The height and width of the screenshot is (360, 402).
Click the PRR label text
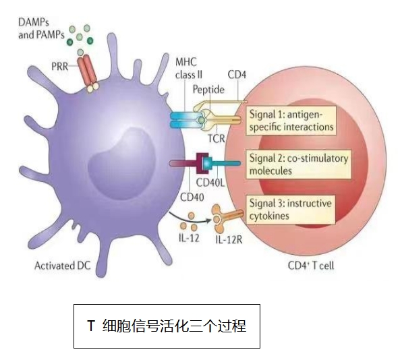[61, 65]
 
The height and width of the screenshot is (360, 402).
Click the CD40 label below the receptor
[192, 197]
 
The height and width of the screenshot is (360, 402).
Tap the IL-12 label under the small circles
[190, 239]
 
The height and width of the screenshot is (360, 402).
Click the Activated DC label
[61, 266]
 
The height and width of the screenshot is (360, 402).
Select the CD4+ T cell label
[310, 266]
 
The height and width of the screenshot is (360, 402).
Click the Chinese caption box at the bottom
[166, 327]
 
